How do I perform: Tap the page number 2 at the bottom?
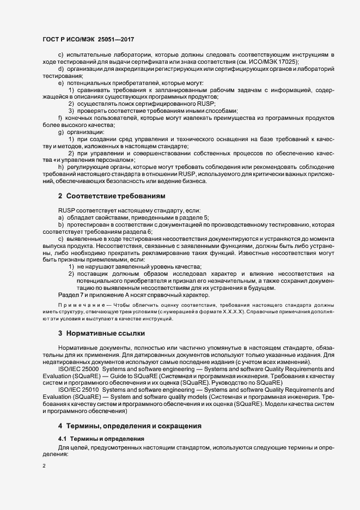[x=44, y=466]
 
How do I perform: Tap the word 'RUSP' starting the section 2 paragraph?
[x=67, y=210]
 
